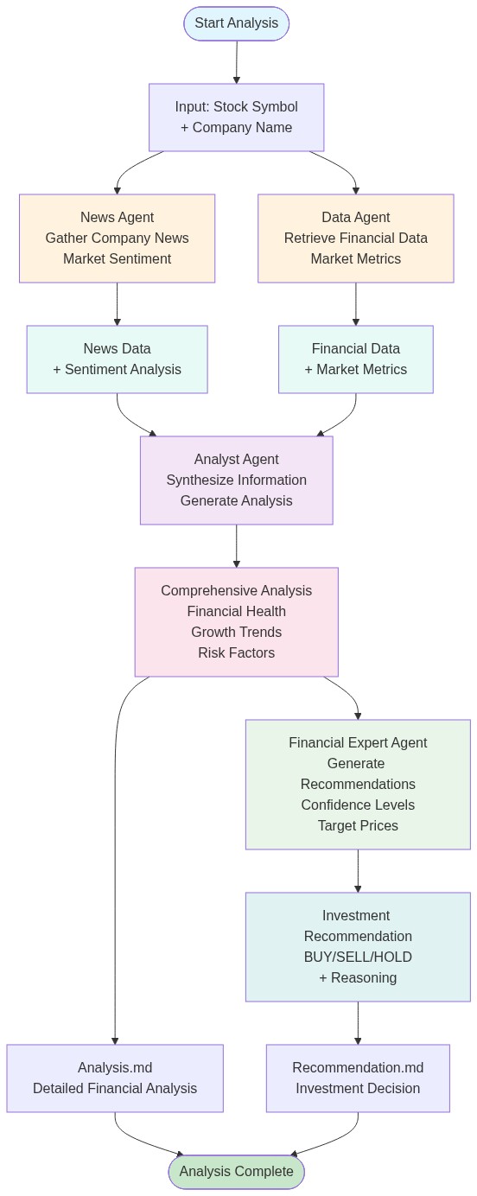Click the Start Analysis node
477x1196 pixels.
[236, 23]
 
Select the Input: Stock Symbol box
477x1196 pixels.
[236, 118]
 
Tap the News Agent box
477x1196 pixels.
[117, 239]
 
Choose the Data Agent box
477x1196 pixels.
[355, 239]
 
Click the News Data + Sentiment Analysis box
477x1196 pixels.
[117, 359]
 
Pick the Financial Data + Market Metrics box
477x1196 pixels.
[355, 359]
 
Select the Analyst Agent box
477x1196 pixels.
[236, 480]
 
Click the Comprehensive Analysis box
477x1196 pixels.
[236, 622]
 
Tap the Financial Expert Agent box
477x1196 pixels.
[358, 785]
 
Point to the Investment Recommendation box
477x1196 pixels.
[358, 947]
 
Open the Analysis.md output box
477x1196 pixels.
[115, 1078]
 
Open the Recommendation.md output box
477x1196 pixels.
[358, 1078]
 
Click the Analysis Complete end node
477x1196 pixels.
[236, 1172]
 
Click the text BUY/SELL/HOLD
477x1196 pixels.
[358, 957]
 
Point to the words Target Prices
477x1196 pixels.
[358, 826]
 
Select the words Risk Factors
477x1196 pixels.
[236, 653]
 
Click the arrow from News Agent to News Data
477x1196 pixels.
[117, 304]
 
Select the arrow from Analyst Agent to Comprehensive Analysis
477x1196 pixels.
[236, 546]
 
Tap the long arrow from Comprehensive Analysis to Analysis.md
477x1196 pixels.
[115, 864]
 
